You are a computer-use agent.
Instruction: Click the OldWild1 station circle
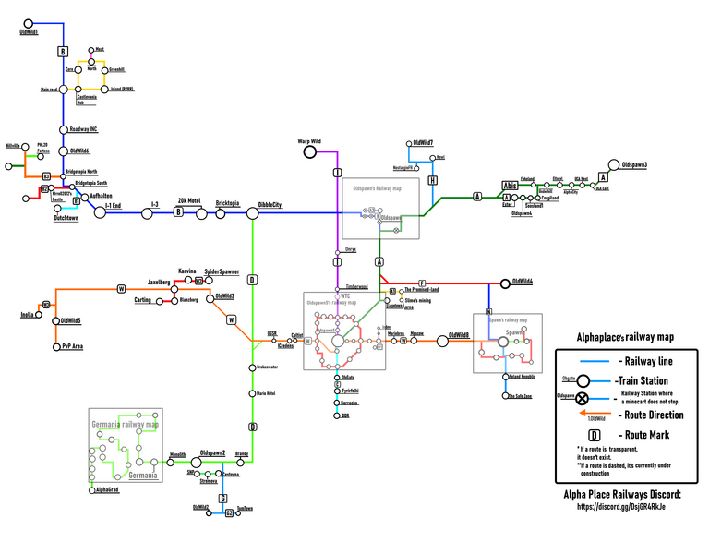click(29, 22)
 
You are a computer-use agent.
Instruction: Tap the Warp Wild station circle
click(316, 142)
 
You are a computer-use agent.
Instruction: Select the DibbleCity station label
click(270, 205)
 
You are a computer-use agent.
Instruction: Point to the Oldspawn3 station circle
click(616, 164)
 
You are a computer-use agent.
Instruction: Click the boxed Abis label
click(511, 185)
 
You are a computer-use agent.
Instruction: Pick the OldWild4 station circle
click(505, 282)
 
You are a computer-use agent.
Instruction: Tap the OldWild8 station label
click(459, 335)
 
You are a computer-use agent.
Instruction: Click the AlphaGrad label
click(107, 490)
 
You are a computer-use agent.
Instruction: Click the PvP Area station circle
click(55, 347)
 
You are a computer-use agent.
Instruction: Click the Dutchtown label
click(66, 219)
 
